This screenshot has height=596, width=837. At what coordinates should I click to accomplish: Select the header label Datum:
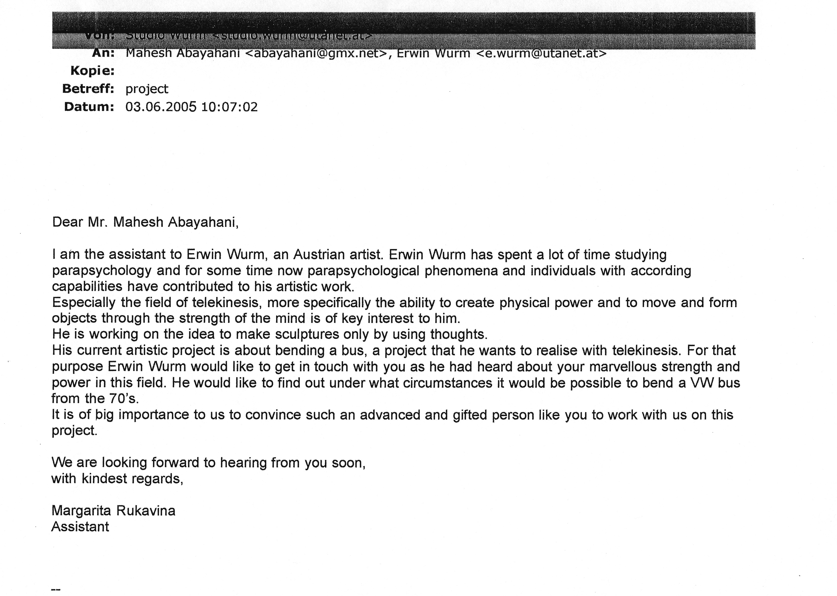click(x=89, y=107)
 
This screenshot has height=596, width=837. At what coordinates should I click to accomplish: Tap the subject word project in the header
click(x=147, y=89)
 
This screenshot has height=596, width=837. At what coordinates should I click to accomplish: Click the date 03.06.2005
click(x=161, y=107)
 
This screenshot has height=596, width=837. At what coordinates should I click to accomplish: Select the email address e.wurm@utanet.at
click(x=541, y=54)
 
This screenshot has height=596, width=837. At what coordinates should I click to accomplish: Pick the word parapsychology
click(x=102, y=271)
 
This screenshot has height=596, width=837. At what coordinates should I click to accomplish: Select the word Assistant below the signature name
click(x=80, y=527)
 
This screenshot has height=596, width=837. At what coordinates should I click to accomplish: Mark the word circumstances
click(x=447, y=383)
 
